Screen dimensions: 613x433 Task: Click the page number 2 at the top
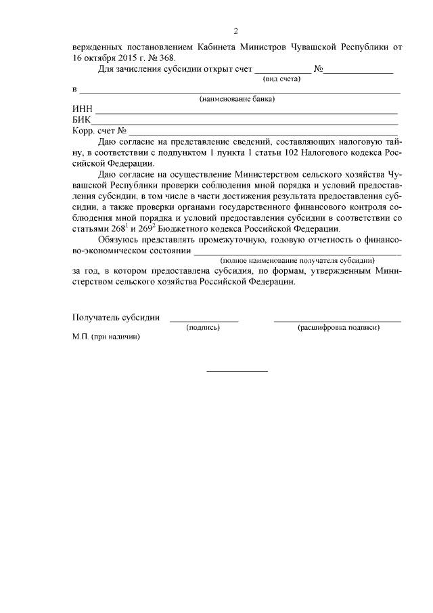(x=235, y=31)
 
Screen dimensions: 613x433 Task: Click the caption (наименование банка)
(x=237, y=100)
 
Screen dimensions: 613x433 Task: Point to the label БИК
(x=82, y=121)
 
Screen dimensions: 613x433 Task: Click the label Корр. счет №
(x=99, y=131)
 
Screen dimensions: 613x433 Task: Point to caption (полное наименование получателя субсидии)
(x=297, y=260)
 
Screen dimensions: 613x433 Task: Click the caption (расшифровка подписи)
(x=338, y=328)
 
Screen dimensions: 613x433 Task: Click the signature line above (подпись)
(x=204, y=320)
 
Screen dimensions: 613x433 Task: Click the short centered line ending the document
(x=237, y=371)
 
